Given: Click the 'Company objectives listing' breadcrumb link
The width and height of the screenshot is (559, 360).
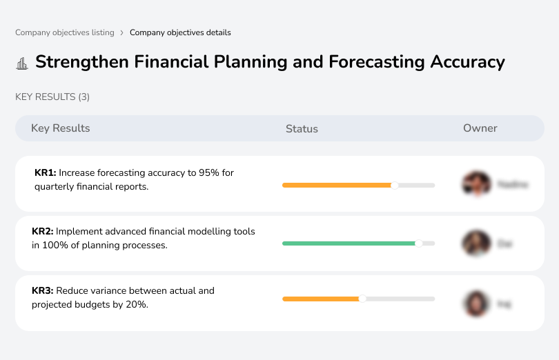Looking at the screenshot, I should click(65, 32).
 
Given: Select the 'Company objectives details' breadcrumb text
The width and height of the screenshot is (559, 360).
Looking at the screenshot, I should click(180, 32).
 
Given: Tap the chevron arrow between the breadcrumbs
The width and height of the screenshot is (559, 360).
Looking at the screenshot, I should click(122, 32).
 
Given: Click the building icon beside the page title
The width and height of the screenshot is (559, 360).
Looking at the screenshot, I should click(22, 63).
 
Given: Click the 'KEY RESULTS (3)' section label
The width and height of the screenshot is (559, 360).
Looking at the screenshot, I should click(52, 97).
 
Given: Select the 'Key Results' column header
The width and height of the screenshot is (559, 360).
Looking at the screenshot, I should click(60, 128).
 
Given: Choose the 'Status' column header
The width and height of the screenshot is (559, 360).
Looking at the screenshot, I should click(302, 129).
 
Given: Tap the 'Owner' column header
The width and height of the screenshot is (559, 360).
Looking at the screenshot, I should click(480, 128).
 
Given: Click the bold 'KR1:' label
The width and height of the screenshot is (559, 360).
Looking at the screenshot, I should click(46, 173).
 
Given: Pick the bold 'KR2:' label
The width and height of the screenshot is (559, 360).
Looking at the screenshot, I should click(43, 232).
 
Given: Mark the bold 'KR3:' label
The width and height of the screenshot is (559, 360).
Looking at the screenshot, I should click(43, 291).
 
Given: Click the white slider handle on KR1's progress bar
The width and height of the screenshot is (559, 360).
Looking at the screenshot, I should click(395, 185).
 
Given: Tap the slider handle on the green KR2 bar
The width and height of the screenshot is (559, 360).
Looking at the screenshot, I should click(418, 243).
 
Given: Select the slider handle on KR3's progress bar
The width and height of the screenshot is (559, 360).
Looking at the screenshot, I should click(362, 299).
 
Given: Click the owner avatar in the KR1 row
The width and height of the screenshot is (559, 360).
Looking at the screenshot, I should click(476, 184).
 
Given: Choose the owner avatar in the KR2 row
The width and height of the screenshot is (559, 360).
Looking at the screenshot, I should click(476, 243).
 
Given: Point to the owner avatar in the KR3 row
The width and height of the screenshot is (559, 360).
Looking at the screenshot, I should click(476, 303).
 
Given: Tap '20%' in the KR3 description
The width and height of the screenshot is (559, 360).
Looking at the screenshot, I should click(137, 304).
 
